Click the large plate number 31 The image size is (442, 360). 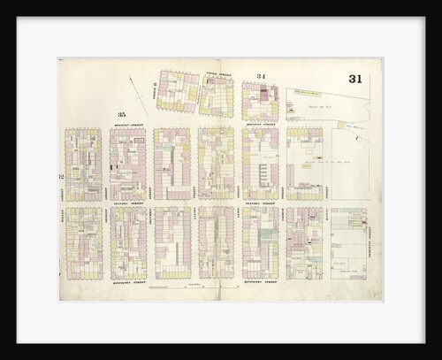pyautogui.click(x=354, y=79)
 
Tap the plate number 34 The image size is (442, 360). pyautogui.click(x=261, y=77)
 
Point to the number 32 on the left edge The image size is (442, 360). pyautogui.click(x=61, y=176)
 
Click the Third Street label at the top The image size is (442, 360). pyautogui.click(x=217, y=74)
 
